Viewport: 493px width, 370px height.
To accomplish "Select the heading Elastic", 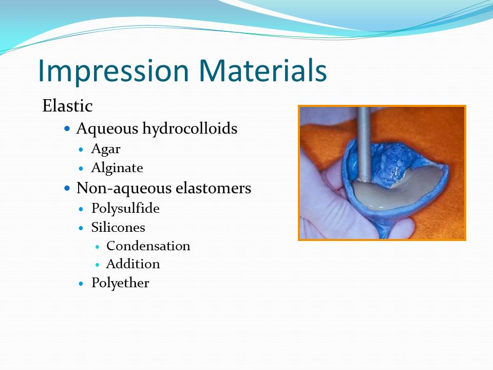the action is [67, 106].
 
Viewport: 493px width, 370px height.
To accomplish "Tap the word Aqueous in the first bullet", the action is [107, 128].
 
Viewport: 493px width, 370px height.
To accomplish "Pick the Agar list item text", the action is [106, 150].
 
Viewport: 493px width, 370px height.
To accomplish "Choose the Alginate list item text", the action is [117, 168].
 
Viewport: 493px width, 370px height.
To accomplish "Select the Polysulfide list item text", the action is [125, 209].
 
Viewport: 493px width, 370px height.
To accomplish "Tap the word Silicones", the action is [118, 227].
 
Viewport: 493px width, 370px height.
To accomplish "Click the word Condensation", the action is [148, 246].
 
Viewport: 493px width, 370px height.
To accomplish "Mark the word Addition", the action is [133, 264].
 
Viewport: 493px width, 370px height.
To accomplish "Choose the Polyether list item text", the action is [120, 283].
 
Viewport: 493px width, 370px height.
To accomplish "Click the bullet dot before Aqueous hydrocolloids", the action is [67, 129].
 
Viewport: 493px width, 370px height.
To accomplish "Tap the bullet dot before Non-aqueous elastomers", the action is [67, 189].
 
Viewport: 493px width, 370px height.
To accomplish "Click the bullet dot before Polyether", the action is [81, 283].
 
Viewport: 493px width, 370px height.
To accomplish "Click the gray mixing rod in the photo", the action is [364, 139].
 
